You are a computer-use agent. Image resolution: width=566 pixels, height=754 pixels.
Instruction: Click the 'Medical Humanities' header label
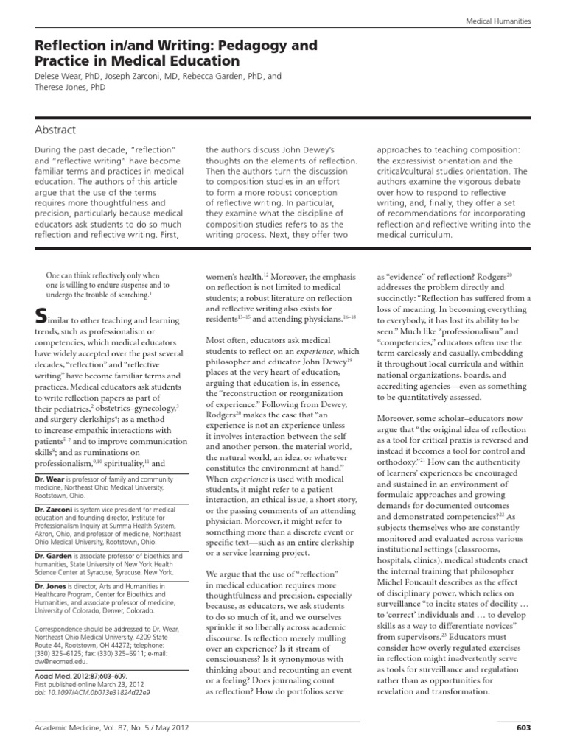pos(498,22)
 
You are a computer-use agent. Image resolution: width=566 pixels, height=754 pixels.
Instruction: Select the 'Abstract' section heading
pos(55,130)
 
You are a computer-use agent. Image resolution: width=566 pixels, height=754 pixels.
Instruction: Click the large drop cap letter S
pos(42,316)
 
